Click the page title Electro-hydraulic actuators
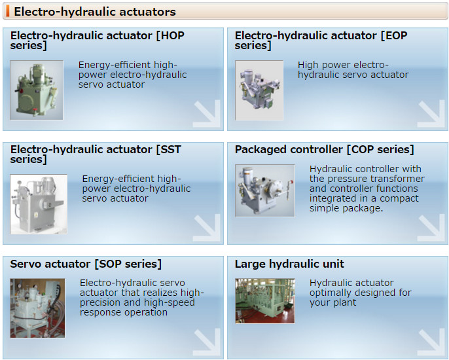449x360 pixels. pos(95,12)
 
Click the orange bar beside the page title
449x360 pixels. pos(8,11)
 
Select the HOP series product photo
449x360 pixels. pos(37,90)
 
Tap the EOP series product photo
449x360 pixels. pos(259,90)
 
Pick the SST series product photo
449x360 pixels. pos(39,204)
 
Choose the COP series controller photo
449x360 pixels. pos(265,190)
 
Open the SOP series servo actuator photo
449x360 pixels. pos(37,308)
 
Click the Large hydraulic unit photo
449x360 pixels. pos(265,301)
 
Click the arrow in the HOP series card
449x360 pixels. pos(207,114)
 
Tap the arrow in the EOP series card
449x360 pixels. pos(431,114)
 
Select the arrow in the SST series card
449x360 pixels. pos(207,228)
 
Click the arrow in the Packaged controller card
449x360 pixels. pos(431,228)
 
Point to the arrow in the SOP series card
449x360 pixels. pos(207,342)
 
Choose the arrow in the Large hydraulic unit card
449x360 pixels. pos(431,342)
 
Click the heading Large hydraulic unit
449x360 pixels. pos(289,264)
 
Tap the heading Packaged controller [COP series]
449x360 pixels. pos(325,150)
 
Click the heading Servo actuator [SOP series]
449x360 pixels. pos(86,264)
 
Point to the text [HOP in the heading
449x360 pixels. pos(170,36)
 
